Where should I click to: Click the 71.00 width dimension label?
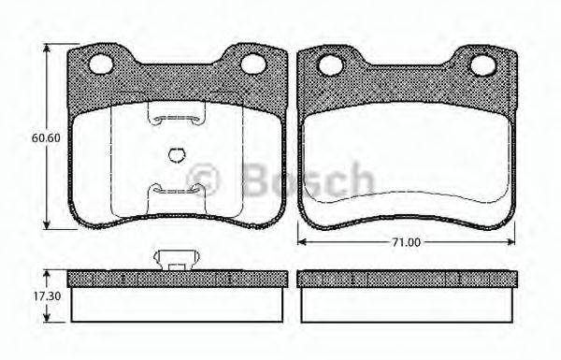click(406, 242)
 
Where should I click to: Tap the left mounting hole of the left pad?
click(102, 64)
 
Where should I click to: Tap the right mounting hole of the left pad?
click(254, 64)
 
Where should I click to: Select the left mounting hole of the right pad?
click(329, 65)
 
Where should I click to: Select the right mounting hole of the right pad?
click(482, 65)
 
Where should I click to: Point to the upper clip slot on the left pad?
click(177, 116)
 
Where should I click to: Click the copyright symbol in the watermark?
click(205, 178)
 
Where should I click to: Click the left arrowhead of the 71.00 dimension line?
click(301, 242)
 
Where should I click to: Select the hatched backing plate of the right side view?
click(406, 279)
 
